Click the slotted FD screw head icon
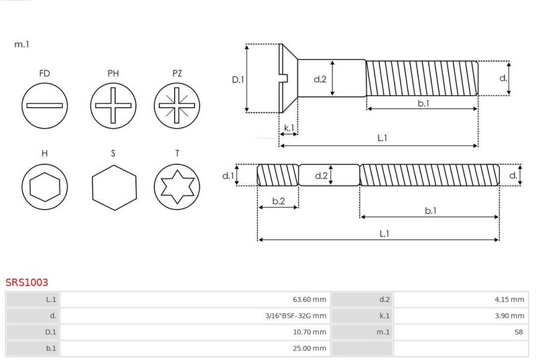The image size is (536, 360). [44, 106]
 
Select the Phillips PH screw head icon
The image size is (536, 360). [113, 106]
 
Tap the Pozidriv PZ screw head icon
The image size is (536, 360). [177, 106]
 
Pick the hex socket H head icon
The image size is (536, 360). [44, 186]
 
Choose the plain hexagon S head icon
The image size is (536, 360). [114, 187]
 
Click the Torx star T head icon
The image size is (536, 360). [177, 186]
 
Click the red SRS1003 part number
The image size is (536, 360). [27, 282]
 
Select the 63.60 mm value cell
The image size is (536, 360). [195, 300]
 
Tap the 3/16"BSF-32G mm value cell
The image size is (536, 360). [195, 316]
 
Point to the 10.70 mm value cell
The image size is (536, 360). [195, 332]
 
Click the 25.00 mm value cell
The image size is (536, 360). [195, 349]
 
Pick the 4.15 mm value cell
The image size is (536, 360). [461, 300]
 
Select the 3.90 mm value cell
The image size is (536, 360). [461, 316]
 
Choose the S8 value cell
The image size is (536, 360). [461, 332]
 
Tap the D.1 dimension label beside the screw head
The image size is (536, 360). [238, 80]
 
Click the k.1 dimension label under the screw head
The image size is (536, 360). [289, 128]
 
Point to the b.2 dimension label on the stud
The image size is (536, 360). [279, 201]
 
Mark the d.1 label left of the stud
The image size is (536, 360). [228, 176]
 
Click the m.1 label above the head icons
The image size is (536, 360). [21, 44]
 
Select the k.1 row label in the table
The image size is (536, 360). [385, 316]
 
